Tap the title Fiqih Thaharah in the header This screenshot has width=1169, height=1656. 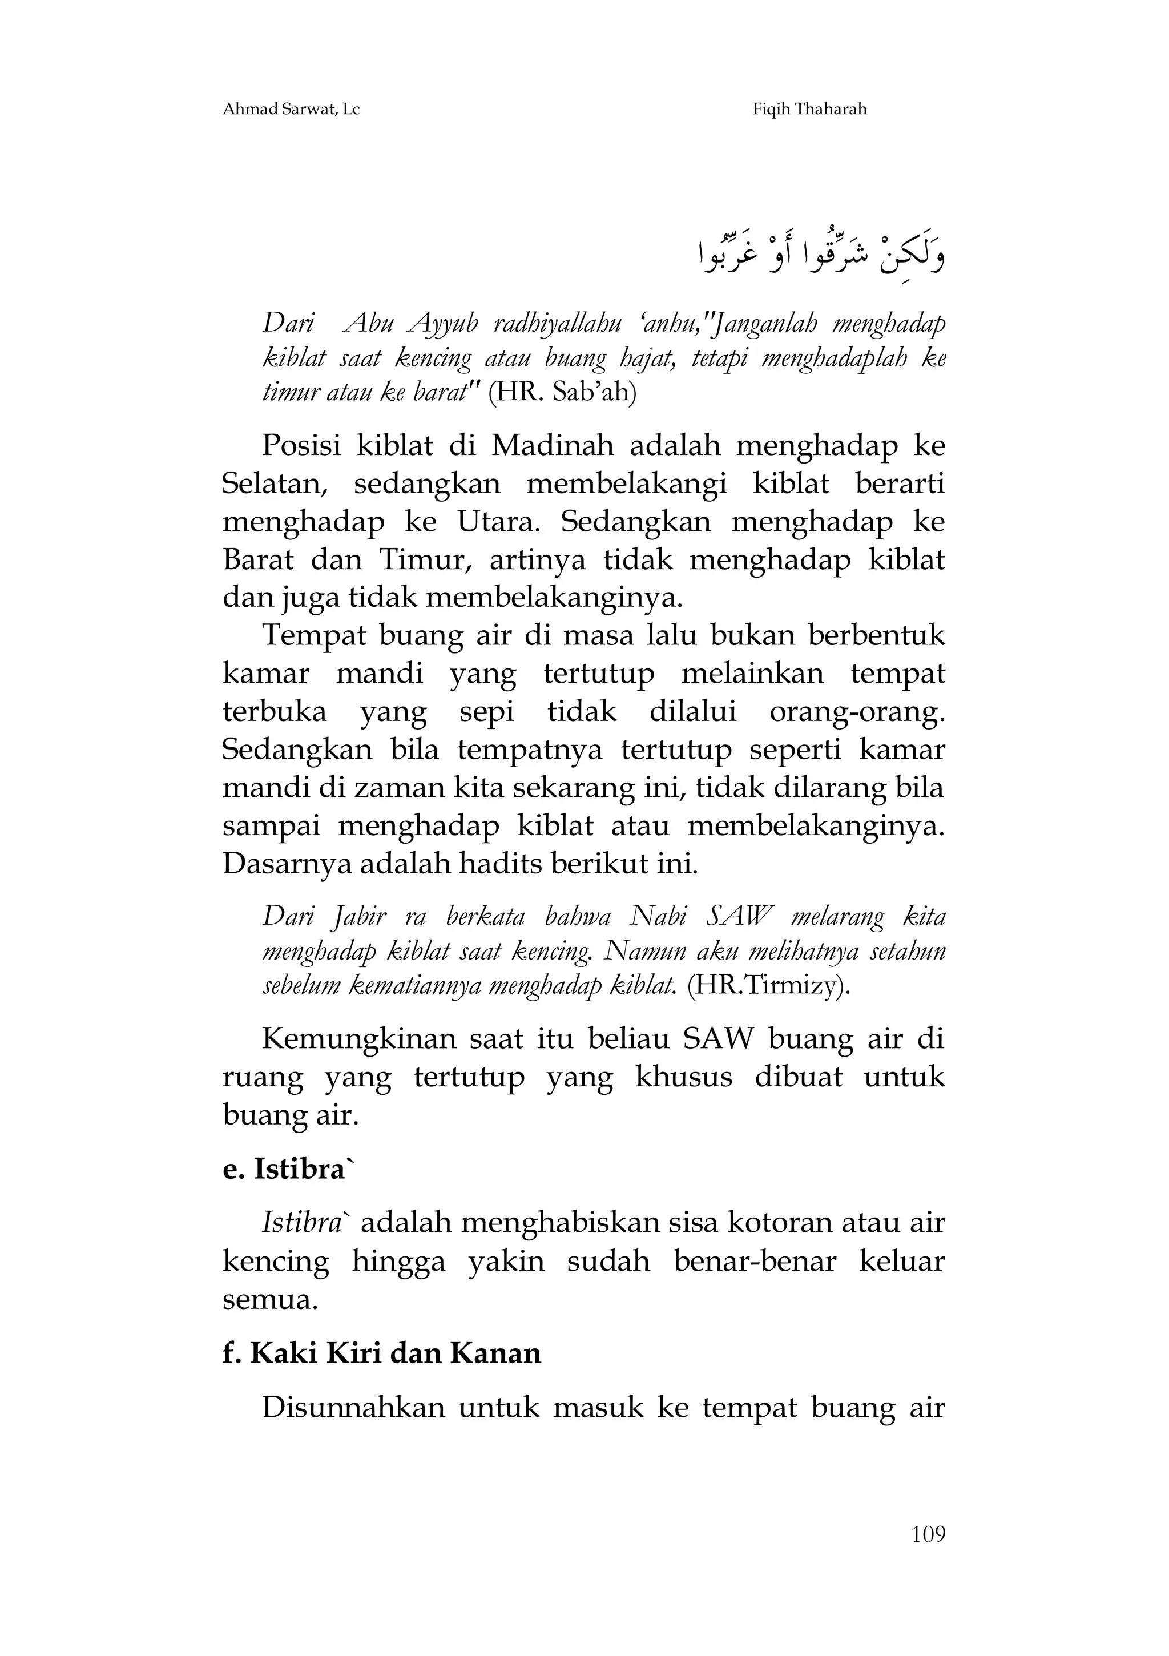click(809, 110)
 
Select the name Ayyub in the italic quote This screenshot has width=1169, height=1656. click(443, 325)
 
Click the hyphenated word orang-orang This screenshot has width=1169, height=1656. click(857, 712)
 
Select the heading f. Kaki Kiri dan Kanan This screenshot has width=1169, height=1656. click(381, 1352)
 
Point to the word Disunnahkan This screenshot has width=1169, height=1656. click(353, 1407)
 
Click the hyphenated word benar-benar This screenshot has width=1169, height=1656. click(755, 1261)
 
